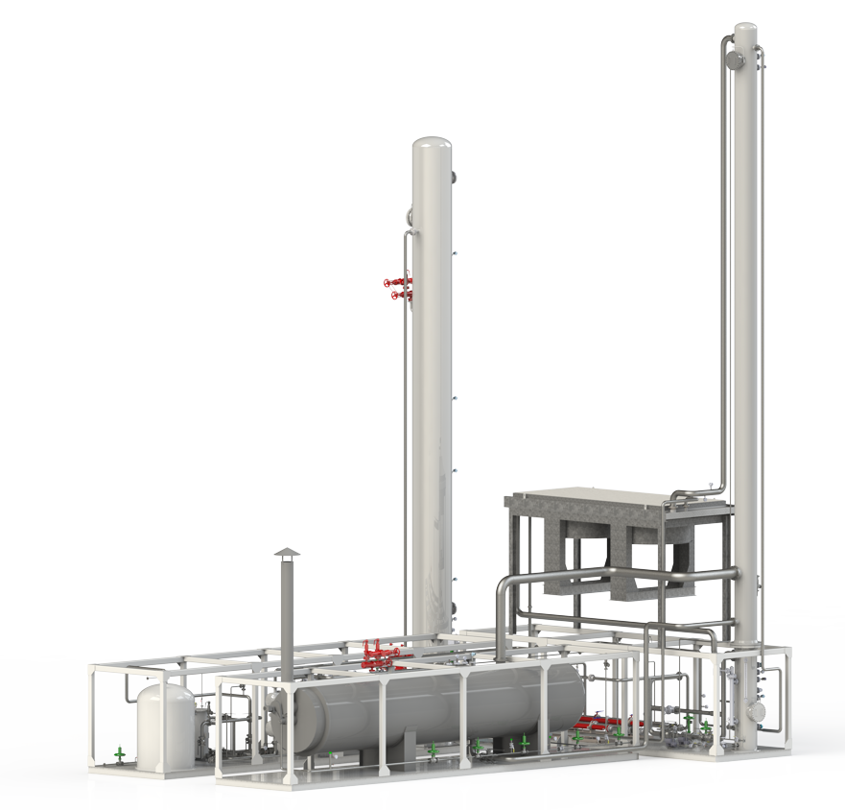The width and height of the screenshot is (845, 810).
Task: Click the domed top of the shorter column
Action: [x=433, y=146]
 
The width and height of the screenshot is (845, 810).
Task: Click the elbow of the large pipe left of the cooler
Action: [x=503, y=587]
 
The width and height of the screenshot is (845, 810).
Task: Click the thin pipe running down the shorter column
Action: [x=410, y=432]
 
